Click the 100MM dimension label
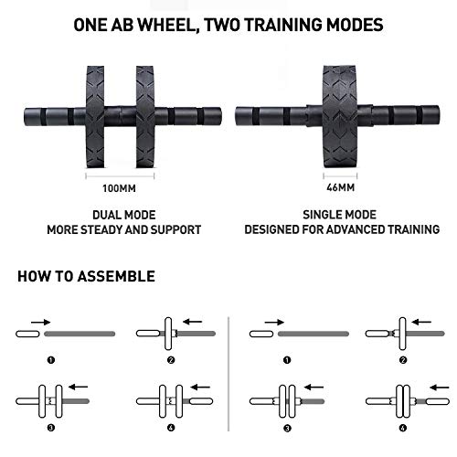(119, 188)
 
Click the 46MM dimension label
(340, 187)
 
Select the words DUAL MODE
(124, 215)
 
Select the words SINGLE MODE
(339, 215)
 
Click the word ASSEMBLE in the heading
(116, 276)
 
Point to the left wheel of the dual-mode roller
(95, 117)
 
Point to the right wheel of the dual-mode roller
(145, 117)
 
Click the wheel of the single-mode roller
(340, 116)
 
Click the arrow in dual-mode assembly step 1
(40, 322)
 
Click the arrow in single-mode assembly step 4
(440, 388)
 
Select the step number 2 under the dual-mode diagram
(171, 360)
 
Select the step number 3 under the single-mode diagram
(287, 429)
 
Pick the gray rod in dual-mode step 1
(80, 334)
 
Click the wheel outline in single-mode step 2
(402, 334)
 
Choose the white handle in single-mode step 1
(261, 334)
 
